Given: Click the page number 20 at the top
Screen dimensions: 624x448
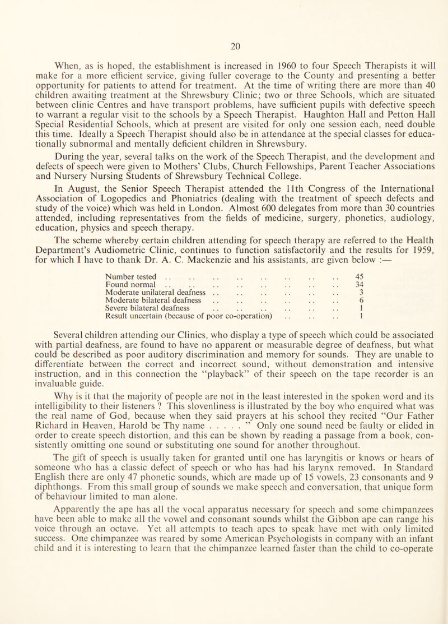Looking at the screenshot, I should pos(224,11).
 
